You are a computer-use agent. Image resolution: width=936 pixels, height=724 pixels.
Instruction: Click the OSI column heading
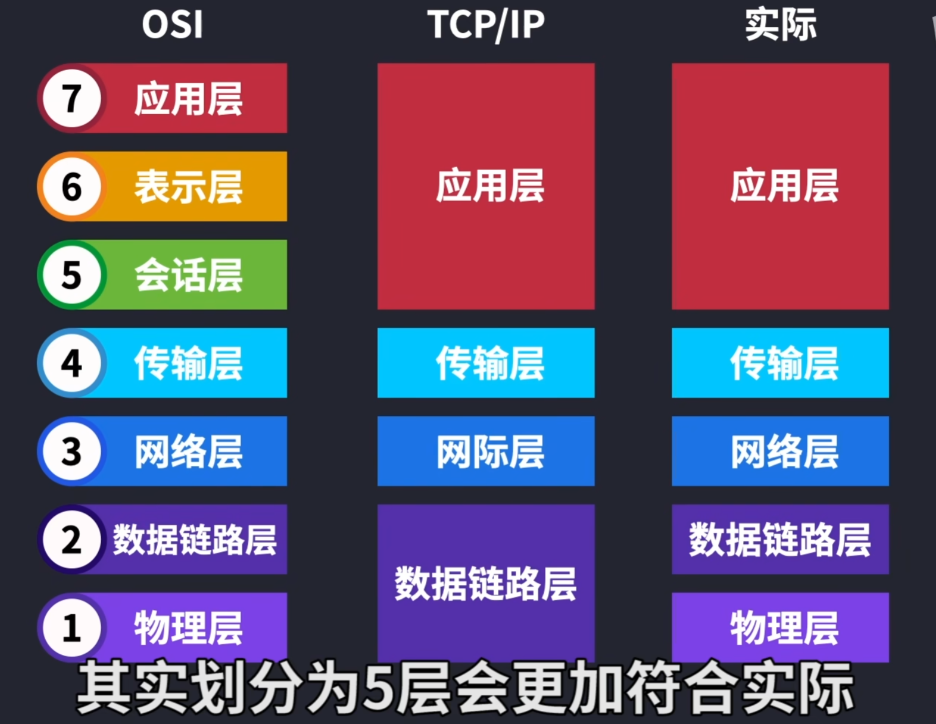[172, 24]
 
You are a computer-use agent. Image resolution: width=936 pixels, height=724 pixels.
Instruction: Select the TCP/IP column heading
[486, 25]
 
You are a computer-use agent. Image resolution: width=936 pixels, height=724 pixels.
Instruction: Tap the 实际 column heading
[781, 25]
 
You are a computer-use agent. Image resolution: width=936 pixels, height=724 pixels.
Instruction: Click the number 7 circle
[72, 98]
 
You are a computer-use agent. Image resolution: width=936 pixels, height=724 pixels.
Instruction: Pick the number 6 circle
[72, 186]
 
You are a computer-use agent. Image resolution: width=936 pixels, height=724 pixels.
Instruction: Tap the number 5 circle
[72, 274]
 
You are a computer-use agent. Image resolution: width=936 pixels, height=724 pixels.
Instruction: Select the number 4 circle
[72, 363]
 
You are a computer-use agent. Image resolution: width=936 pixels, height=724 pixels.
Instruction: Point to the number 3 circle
[72, 451]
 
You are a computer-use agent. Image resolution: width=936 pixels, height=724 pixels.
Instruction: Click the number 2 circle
[72, 539]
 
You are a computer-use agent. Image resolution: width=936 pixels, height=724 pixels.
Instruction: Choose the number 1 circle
[72, 627]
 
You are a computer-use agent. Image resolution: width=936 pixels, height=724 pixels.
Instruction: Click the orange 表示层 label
[188, 187]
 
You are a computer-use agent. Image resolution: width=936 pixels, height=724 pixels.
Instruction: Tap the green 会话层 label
[188, 275]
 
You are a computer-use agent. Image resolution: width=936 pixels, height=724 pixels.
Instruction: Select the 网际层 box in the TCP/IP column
[486, 451]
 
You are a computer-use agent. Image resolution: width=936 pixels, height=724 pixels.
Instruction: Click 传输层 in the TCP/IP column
[490, 363]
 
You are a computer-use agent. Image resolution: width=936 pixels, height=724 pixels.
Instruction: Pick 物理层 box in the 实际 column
[780, 627]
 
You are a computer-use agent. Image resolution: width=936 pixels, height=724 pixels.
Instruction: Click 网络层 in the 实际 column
[784, 452]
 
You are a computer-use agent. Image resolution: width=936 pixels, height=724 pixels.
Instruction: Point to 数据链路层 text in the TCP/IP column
[485, 584]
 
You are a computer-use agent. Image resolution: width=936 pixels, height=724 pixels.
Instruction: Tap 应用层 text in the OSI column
[188, 99]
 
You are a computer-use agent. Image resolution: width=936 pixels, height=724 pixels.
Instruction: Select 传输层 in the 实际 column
[784, 363]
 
